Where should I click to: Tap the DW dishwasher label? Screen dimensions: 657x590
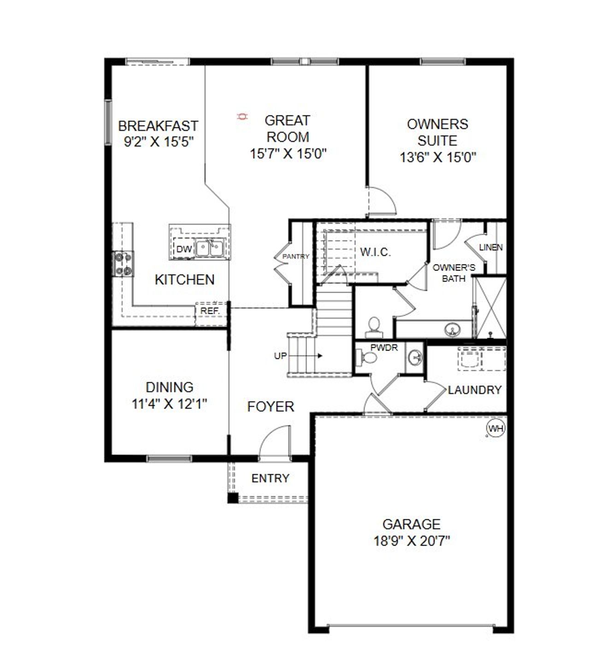tap(184, 249)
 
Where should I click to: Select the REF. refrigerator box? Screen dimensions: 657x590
tap(210, 311)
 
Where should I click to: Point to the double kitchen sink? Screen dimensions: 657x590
tap(210, 248)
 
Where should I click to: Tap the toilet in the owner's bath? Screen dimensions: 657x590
tap(374, 327)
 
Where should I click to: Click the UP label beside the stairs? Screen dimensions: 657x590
tap(280, 356)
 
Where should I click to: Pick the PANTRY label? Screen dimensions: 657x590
tap(296, 256)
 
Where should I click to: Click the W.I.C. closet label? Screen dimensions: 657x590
tap(375, 252)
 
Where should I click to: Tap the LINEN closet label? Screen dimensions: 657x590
tap(491, 247)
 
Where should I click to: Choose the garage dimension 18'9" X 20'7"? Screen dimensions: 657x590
tap(412, 540)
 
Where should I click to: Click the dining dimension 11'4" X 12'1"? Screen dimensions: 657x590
tap(169, 404)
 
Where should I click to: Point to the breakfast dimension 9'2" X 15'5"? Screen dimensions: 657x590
tap(158, 142)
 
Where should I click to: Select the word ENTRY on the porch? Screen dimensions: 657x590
tap(271, 479)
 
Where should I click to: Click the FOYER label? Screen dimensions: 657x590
tap(271, 406)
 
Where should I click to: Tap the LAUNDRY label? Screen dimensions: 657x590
tap(475, 390)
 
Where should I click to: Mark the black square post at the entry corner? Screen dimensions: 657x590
tap(233, 498)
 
